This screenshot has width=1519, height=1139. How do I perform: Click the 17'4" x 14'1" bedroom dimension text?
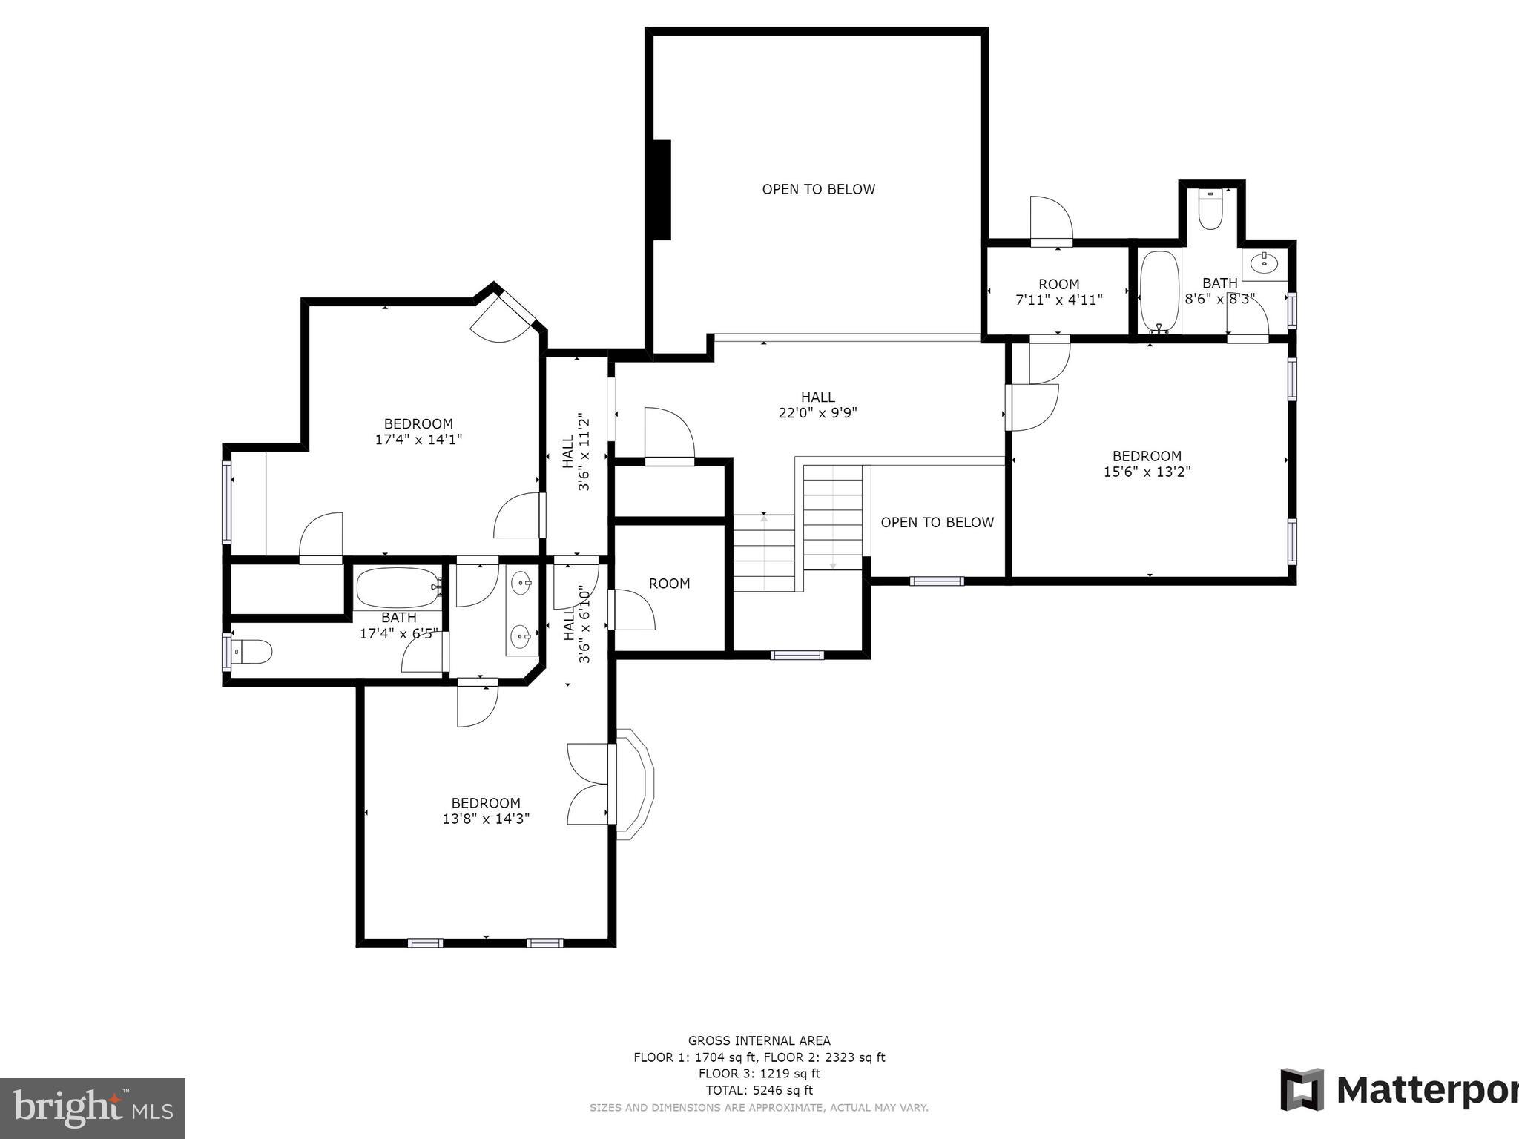tap(418, 440)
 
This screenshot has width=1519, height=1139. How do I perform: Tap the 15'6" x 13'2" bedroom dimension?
tap(1147, 472)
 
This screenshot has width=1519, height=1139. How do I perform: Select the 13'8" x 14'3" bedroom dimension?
tap(486, 819)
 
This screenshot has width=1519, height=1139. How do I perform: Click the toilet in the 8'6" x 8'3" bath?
tap(1210, 211)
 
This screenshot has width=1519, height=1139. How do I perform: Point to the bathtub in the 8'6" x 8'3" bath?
tap(1159, 291)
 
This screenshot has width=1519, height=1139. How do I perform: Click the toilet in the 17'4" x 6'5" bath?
tap(252, 652)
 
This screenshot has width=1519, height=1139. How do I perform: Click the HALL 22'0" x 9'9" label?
tap(817, 405)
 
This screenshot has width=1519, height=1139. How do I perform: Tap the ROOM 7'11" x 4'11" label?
tap(1058, 292)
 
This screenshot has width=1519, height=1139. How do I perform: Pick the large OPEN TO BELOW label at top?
tap(819, 189)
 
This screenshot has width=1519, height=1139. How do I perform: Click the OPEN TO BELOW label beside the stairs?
tap(937, 522)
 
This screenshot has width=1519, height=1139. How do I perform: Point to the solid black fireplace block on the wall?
tap(661, 190)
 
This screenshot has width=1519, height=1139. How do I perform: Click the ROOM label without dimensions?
tap(669, 584)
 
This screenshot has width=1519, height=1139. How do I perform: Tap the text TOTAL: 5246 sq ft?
tap(759, 1090)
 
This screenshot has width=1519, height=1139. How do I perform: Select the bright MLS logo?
tap(92, 1108)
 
